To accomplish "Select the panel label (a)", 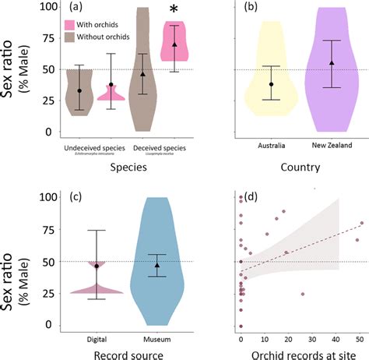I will point(76,8).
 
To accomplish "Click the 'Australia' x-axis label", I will point(270,145).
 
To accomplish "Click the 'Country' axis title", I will point(299,166).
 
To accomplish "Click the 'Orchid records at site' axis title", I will point(299,355).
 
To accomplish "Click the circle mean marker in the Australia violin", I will point(271,83).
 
